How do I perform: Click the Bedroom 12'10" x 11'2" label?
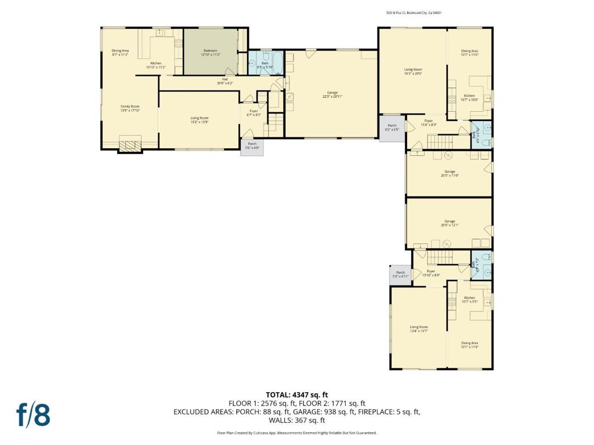click(x=211, y=52)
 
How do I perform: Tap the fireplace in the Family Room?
click(x=130, y=144)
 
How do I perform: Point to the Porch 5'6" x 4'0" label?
click(x=252, y=145)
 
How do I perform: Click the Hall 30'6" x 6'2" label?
click(x=224, y=81)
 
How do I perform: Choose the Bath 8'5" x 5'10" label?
click(x=265, y=65)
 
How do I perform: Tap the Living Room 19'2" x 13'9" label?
click(x=200, y=120)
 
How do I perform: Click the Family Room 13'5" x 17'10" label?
click(x=130, y=108)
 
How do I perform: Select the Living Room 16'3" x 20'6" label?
click(x=413, y=72)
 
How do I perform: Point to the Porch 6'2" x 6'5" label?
click(x=392, y=127)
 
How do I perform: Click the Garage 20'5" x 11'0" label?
click(x=450, y=173)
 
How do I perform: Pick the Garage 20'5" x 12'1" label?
click(x=450, y=223)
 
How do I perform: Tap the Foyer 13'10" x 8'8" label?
click(x=431, y=273)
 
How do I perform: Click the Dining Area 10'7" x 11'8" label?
click(x=470, y=345)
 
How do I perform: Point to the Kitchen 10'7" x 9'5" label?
click(x=469, y=300)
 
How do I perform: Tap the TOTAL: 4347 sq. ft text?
click(x=297, y=395)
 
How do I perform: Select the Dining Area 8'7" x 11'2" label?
click(x=120, y=53)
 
